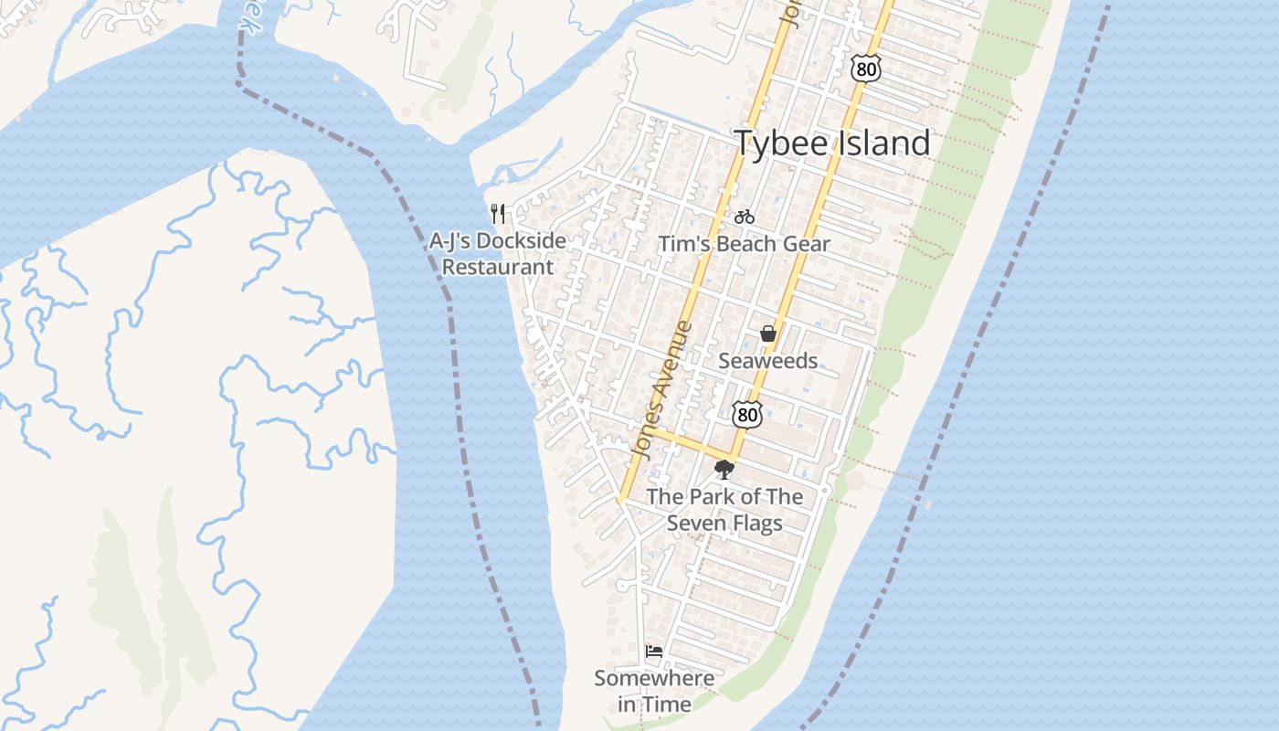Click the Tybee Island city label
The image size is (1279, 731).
(x=832, y=143)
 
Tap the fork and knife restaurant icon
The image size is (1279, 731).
(x=498, y=214)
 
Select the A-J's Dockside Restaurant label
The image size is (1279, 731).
(x=498, y=254)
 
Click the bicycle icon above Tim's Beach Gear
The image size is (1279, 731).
(x=745, y=217)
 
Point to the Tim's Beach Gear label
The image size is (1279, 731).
(x=745, y=244)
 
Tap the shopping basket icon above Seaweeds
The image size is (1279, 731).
(x=768, y=334)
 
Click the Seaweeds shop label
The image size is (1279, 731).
(x=768, y=361)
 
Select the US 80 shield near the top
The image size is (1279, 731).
(x=864, y=69)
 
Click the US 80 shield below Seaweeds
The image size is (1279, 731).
(x=747, y=414)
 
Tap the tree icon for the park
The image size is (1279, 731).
(x=724, y=470)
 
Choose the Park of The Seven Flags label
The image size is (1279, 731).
(x=724, y=510)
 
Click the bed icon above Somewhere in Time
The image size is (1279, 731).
(x=654, y=652)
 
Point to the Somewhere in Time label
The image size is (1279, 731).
(x=654, y=691)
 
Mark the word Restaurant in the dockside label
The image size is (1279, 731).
(x=498, y=268)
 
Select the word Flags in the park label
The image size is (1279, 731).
(x=757, y=524)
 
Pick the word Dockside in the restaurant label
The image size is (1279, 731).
(x=521, y=242)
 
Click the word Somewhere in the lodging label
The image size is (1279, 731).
(x=654, y=679)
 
